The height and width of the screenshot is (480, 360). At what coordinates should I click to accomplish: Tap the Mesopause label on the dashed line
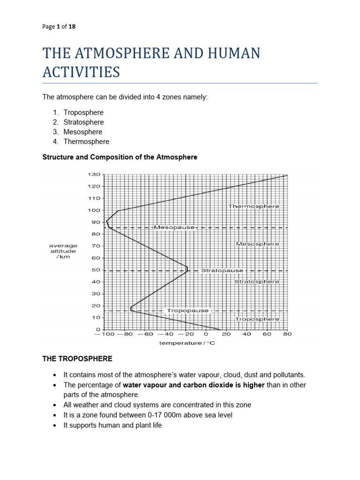coord(174,227)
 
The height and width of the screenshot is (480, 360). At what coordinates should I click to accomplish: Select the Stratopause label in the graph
coord(222,270)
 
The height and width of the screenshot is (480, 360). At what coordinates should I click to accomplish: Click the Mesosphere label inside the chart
coord(257,244)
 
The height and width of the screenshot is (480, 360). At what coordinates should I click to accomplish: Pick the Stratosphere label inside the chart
coord(256,282)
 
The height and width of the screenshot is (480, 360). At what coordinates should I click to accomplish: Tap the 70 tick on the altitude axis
coord(96,246)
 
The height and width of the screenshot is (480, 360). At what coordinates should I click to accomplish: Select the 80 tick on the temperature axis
coord(287,335)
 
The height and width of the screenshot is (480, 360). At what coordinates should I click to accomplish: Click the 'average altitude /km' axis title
coord(63,251)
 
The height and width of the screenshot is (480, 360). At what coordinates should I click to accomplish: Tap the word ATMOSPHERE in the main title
coord(122,53)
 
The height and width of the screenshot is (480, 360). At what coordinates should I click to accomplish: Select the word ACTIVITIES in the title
coord(81,72)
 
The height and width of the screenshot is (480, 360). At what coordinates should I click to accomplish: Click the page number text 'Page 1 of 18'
coord(59,27)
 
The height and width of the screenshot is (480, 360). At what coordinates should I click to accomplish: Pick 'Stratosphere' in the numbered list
coord(83,122)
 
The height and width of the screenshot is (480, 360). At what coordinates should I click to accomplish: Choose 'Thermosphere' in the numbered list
coord(86,142)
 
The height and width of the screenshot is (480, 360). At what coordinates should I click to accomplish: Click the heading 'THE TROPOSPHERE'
coord(77,359)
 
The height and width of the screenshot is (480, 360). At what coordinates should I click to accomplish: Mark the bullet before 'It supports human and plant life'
coord(55,425)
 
